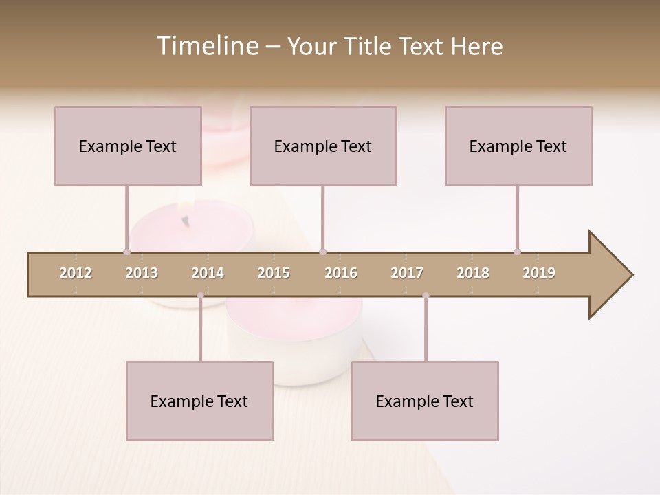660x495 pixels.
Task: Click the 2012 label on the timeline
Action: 76,273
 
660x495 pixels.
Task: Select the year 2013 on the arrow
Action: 142,273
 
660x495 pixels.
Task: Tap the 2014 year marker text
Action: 208,273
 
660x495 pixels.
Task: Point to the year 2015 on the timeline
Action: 274,273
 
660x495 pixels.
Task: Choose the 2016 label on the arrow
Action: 341,273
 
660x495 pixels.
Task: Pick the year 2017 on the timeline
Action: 407,273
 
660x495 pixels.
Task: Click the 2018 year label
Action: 473,273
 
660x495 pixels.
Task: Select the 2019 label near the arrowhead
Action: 539,273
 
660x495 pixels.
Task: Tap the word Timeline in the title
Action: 206,46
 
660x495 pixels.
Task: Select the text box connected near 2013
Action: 128,146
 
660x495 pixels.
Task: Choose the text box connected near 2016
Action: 323,146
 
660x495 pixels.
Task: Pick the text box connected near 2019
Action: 518,146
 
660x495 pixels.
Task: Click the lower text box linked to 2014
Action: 199,401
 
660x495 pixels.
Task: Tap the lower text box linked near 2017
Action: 425,401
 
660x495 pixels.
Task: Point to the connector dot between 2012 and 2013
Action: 126,252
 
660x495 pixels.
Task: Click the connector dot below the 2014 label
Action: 200,296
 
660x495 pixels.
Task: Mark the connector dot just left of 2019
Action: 517,252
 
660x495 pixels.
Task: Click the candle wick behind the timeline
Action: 184,220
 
